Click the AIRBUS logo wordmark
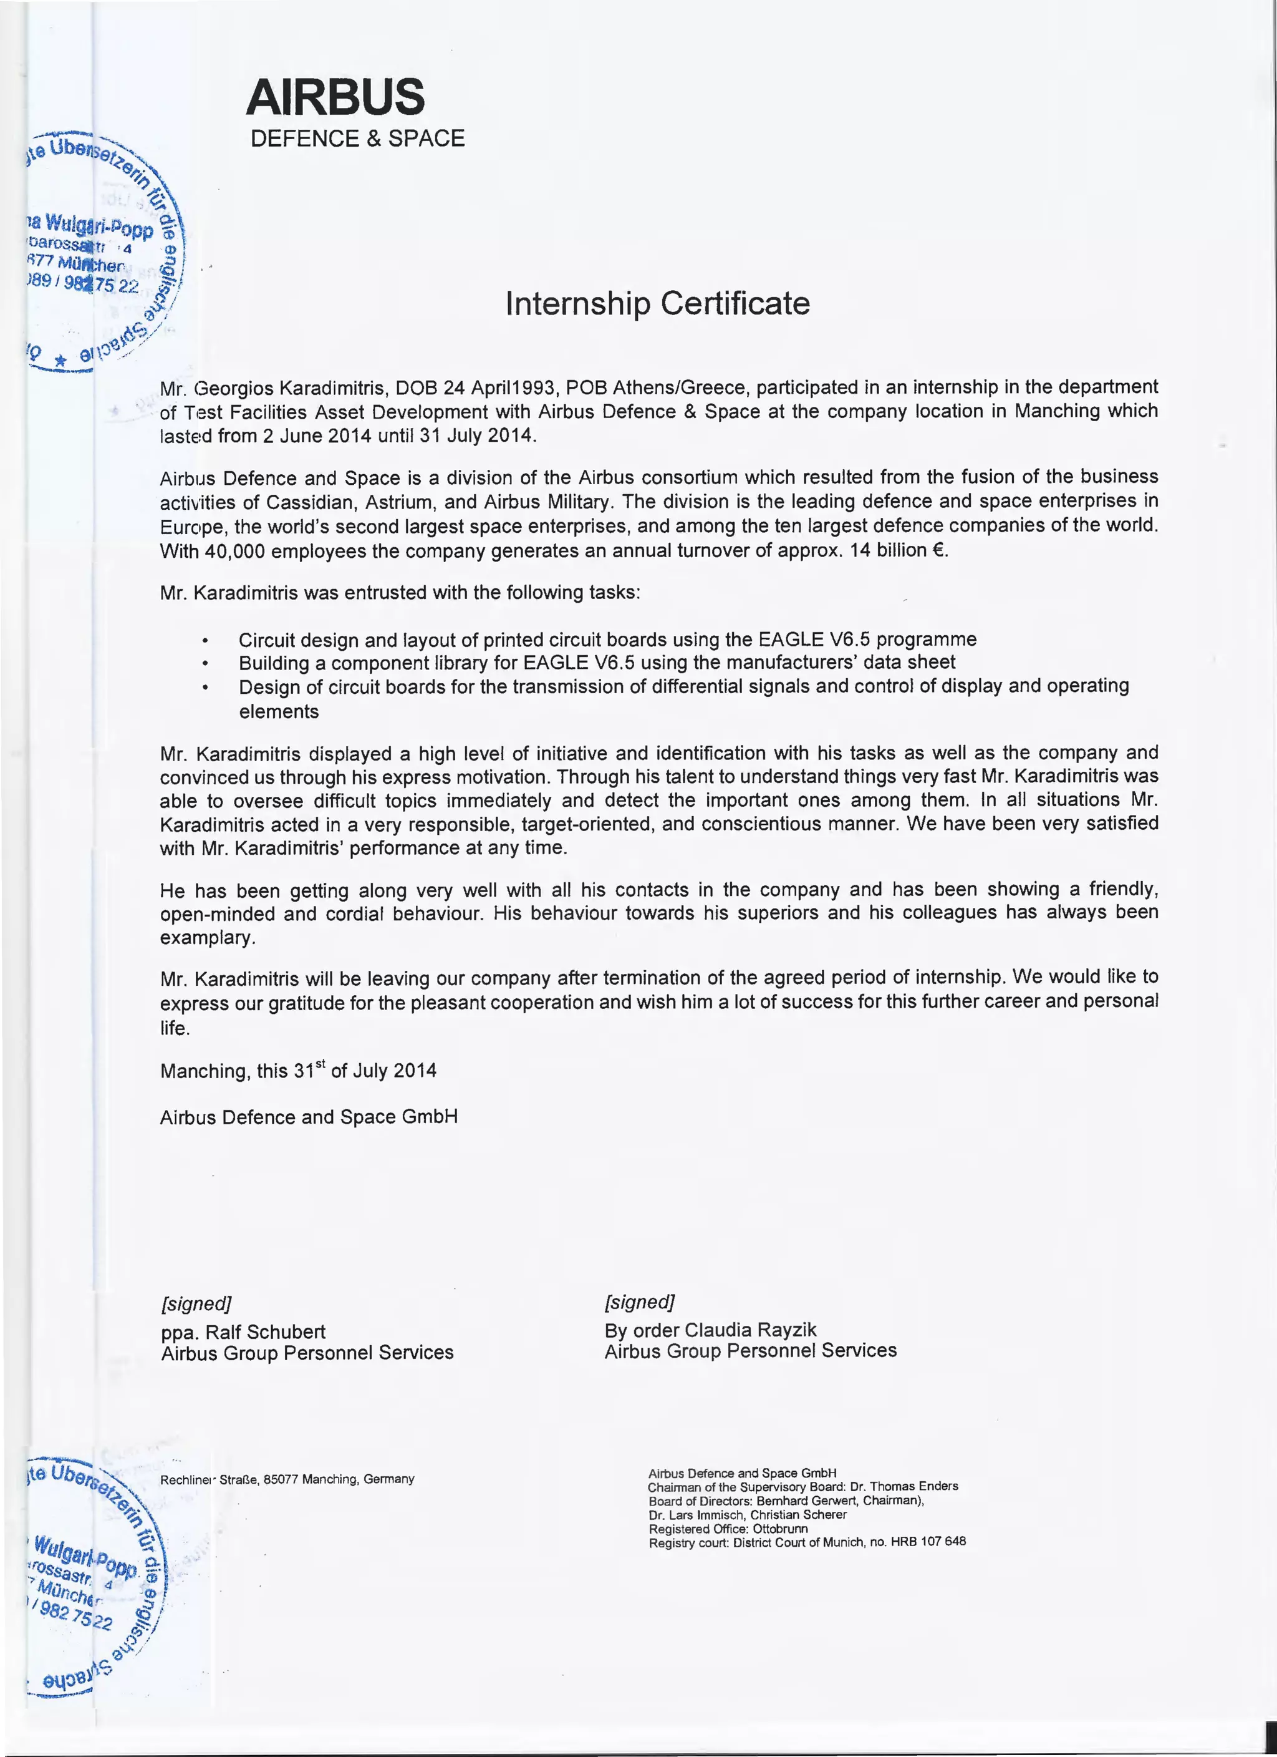335,97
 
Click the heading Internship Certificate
657,303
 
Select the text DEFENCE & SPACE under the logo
357,139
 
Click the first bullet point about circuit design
607,640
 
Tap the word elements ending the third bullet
279,711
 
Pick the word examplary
208,938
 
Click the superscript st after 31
320,1065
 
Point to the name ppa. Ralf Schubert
243,1331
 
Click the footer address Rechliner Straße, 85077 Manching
287,1479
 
